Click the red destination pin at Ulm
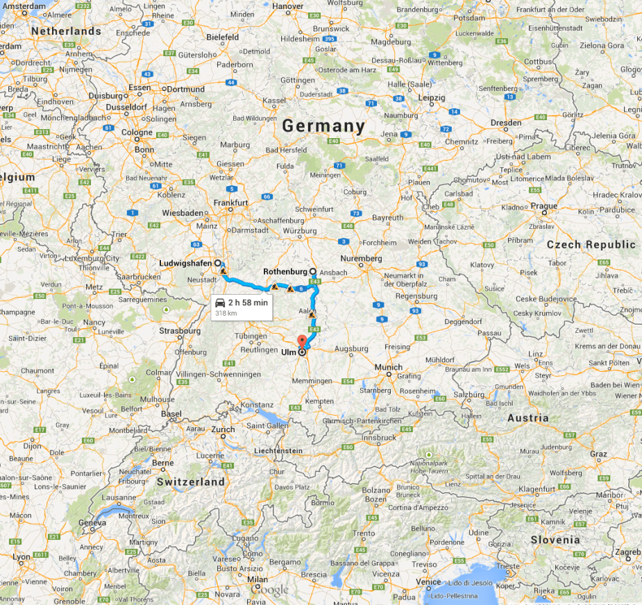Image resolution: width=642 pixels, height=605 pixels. [302, 341]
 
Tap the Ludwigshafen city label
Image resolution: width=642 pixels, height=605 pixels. [186, 264]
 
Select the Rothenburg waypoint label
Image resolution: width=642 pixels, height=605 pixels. [286, 272]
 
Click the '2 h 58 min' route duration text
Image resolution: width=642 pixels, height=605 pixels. [248, 303]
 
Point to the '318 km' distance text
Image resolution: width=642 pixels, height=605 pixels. [226, 314]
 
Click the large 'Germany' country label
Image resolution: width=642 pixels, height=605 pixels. [323, 126]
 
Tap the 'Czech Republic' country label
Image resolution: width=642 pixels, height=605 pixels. [591, 245]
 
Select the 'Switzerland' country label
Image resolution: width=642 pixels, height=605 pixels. [190, 482]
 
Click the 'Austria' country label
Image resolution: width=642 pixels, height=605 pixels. [527, 418]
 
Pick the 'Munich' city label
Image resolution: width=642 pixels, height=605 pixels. [388, 367]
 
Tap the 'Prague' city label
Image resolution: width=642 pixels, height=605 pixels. [544, 206]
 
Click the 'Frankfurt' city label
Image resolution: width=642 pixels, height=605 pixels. [231, 203]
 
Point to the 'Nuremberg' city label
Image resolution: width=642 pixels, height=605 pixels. [361, 258]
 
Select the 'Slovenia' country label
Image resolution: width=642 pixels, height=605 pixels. [555, 540]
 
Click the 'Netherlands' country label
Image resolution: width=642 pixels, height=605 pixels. [66, 32]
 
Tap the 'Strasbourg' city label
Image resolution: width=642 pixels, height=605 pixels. [180, 331]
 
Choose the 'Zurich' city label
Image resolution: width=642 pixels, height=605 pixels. [223, 429]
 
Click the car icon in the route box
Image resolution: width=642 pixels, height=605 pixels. [219, 303]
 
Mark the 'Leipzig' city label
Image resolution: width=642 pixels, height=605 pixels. [432, 98]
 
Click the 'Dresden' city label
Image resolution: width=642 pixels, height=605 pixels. [505, 122]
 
